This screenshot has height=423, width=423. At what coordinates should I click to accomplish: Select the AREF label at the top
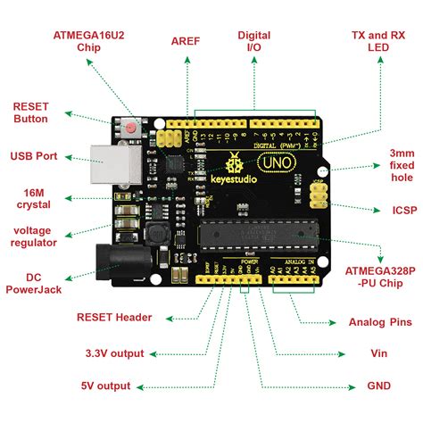click(x=186, y=41)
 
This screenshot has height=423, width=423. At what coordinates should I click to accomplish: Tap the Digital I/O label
click(x=253, y=41)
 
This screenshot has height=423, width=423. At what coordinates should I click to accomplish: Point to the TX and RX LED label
click(x=377, y=41)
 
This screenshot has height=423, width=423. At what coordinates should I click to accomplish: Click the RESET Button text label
click(x=30, y=112)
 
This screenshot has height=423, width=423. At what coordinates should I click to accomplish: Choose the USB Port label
click(x=34, y=156)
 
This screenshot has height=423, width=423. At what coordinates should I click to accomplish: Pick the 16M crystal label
click(x=30, y=199)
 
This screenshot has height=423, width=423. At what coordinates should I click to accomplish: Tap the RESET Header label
click(x=114, y=317)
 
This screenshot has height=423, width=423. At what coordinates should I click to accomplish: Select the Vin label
click(x=379, y=352)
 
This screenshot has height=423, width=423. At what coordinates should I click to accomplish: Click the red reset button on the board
click(x=131, y=128)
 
